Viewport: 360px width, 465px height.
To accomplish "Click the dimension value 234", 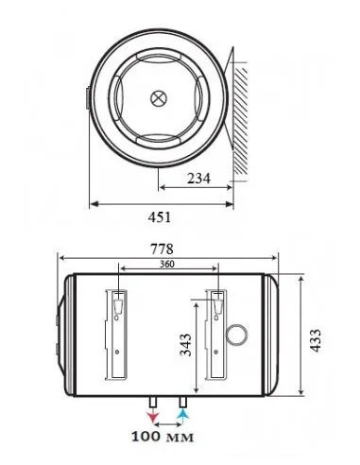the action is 198,179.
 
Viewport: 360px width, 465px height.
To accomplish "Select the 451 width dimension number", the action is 160,217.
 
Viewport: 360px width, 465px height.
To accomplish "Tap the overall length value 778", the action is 162,249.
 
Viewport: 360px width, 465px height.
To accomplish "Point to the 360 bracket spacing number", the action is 166,264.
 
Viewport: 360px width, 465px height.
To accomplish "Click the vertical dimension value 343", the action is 186,344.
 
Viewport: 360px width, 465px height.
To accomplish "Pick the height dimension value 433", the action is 315,340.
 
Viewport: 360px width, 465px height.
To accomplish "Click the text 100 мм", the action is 163,437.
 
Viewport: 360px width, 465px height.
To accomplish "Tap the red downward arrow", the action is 153,416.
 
